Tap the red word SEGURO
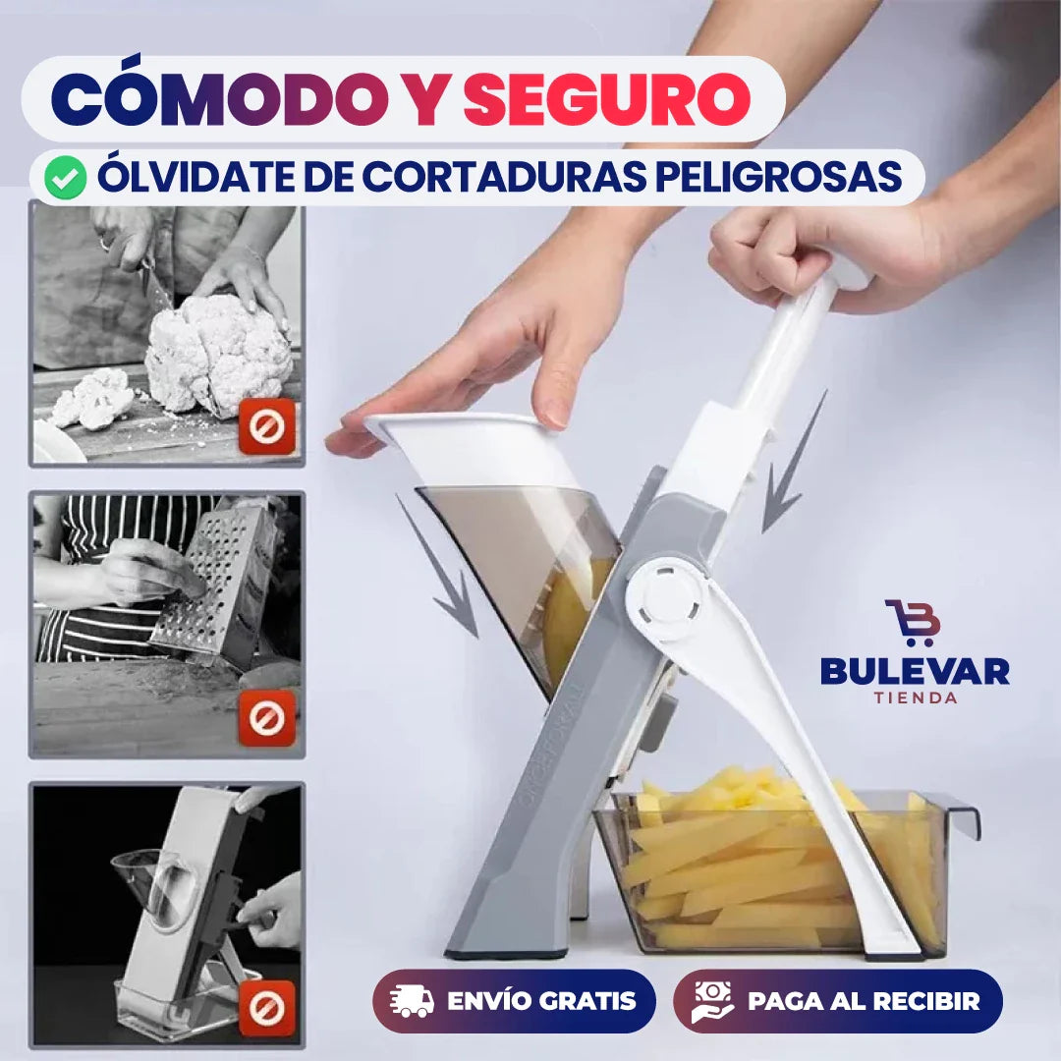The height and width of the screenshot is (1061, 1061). click(607, 99)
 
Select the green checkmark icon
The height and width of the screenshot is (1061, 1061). click(66, 177)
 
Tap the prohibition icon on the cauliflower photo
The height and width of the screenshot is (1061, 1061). click(267, 426)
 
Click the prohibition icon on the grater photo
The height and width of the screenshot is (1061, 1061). click(267, 717)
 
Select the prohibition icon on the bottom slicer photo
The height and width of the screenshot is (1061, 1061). click(267, 1008)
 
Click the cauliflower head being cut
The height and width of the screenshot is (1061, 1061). click(218, 354)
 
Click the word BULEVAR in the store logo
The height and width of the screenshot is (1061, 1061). click(915, 672)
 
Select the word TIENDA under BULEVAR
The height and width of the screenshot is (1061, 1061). click(915, 698)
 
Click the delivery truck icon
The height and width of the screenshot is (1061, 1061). click(412, 1001)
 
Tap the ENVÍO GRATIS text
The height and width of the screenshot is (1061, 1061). click(541, 1001)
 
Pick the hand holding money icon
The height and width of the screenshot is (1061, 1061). click(711, 1001)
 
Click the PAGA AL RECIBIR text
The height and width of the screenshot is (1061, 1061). click(864, 1001)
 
